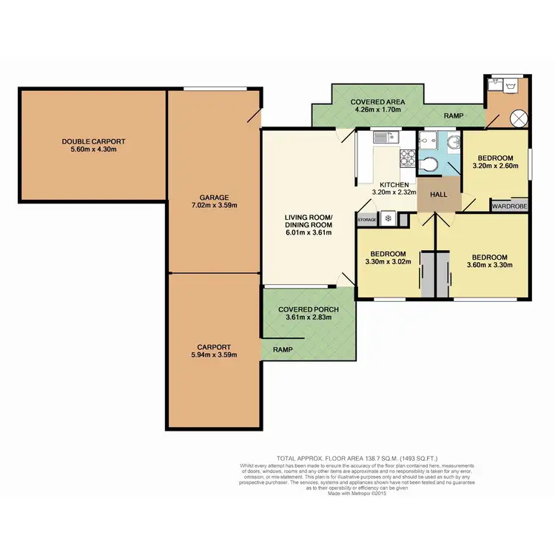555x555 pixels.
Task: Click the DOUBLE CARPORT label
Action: pos(93,141)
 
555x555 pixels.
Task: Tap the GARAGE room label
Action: pos(213,197)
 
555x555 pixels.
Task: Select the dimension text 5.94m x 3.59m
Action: pos(213,355)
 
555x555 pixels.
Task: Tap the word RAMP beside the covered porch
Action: pos(282,350)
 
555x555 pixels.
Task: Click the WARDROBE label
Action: pos(509,207)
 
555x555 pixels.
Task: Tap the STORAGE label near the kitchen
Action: pos(367,219)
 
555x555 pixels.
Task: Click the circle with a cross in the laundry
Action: pos(519,117)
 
